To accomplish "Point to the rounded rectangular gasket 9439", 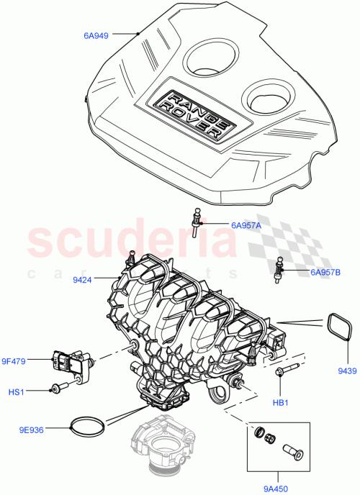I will point(336,332).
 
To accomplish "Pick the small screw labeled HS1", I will point(58,389).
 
